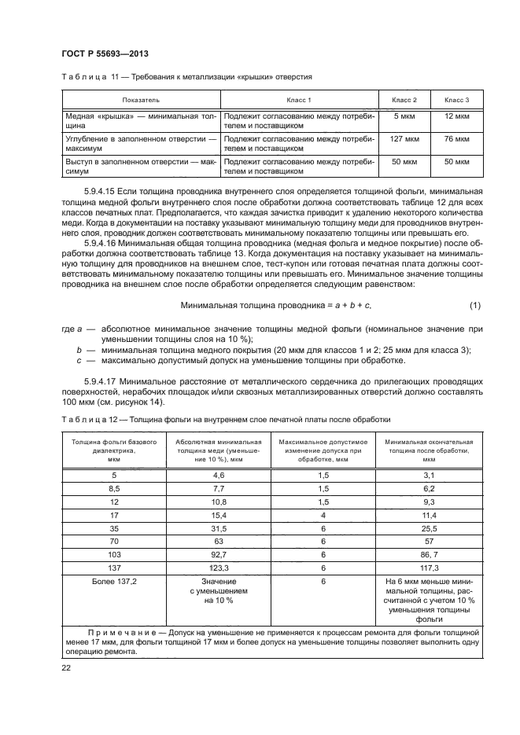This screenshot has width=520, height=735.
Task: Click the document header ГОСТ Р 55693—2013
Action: click(x=104, y=53)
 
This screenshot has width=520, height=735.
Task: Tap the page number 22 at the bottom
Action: click(x=66, y=667)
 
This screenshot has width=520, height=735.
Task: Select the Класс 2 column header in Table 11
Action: click(x=404, y=100)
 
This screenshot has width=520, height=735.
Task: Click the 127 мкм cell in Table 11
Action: click(x=404, y=139)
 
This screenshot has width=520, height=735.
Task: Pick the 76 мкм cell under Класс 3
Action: click(x=457, y=139)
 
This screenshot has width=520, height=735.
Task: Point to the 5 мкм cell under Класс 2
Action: click(x=404, y=116)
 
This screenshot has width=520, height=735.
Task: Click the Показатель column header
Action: click(x=142, y=100)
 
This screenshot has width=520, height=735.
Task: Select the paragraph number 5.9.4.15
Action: click(x=105, y=191)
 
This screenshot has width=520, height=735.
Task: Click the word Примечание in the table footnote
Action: click(x=121, y=631)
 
